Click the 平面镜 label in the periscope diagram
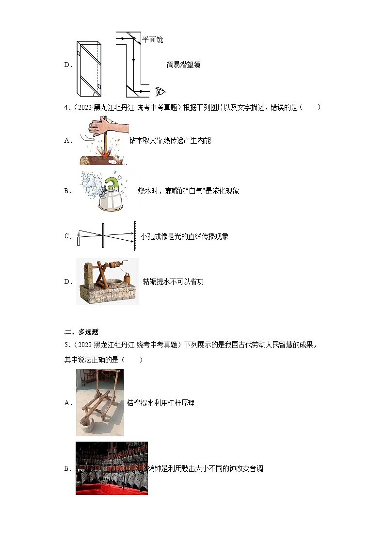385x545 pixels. click(152, 40)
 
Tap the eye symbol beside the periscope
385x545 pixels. click(159, 91)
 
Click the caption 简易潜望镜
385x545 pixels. click(183, 65)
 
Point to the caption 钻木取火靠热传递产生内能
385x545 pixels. click(170, 140)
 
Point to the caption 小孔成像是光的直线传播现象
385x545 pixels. click(184, 236)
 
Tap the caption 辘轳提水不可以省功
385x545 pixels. click(173, 281)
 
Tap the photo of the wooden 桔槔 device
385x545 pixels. click(99, 402)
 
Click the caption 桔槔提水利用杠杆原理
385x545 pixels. click(160, 403)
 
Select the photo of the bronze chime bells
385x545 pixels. click(112, 468)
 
